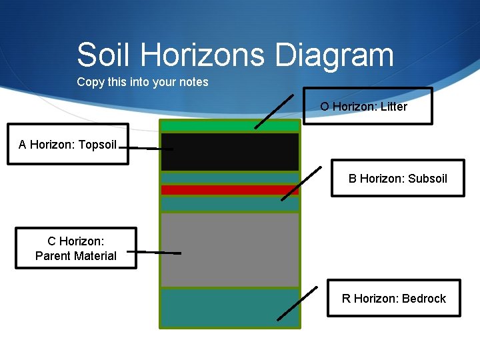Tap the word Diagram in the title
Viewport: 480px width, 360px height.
347,55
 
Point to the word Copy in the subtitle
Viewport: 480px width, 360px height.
91,82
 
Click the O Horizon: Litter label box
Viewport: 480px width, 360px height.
367,107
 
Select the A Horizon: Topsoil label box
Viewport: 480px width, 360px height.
67,144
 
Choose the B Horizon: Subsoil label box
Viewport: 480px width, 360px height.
397,178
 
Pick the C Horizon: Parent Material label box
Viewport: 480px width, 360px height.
75,249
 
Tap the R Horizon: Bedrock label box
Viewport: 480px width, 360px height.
393,298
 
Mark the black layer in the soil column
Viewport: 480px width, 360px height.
229,152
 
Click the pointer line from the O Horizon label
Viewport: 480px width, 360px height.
273,111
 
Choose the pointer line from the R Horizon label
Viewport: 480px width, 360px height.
297,303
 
